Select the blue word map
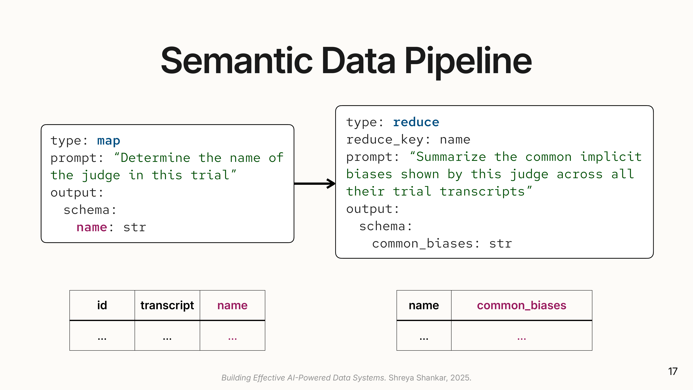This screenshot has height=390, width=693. click(x=108, y=141)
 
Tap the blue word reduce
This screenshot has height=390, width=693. click(x=416, y=123)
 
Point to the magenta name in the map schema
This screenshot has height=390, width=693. click(x=92, y=227)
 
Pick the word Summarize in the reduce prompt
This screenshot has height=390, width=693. click(x=451, y=157)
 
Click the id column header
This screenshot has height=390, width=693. click(x=102, y=305)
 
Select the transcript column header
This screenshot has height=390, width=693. click(x=167, y=305)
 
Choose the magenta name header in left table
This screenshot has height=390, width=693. click(x=232, y=305)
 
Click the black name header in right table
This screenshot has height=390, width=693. click(x=424, y=305)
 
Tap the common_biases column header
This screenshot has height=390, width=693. click(x=521, y=305)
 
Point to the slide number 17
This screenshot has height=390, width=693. click(x=673, y=371)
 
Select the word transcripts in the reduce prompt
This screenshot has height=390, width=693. click(x=482, y=192)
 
